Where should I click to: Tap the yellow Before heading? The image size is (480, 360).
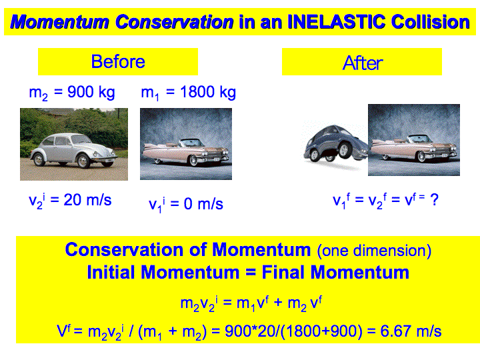(118, 61)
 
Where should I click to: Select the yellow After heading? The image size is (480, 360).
(362, 61)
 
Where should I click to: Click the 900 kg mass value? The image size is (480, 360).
(91, 92)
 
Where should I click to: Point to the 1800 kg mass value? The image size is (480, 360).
(208, 92)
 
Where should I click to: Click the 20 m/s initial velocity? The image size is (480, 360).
(87, 200)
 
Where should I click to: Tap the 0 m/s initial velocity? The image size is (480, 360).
(203, 203)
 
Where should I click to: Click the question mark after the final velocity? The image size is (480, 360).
(434, 200)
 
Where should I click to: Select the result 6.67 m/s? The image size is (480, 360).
(411, 331)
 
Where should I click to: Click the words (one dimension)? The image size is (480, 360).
(374, 251)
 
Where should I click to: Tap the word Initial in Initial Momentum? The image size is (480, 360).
(111, 272)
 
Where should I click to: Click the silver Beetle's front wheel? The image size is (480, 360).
(83, 161)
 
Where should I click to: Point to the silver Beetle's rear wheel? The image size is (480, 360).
(39, 159)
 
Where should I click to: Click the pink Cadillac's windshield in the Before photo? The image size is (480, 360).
(191, 143)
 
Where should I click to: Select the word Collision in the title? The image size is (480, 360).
(430, 22)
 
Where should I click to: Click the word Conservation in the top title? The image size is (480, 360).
(174, 22)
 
